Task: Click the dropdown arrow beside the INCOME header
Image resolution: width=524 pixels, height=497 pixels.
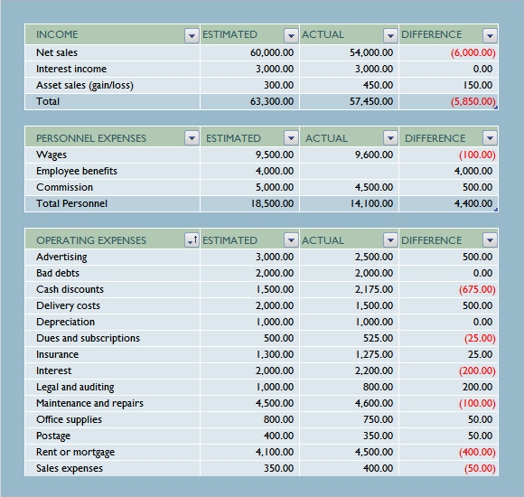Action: (x=192, y=35)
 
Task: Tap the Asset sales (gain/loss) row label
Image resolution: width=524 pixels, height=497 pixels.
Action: (x=85, y=86)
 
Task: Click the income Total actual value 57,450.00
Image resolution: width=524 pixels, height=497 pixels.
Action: (x=371, y=101)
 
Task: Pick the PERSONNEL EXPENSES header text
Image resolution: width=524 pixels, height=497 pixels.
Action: (x=91, y=138)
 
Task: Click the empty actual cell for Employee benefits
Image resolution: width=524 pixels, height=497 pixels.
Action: (x=350, y=171)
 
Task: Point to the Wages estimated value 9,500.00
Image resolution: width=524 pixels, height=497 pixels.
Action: (x=275, y=155)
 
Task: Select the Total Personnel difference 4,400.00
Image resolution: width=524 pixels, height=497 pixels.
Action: (x=473, y=203)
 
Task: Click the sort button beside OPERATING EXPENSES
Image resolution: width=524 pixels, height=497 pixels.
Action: (x=192, y=240)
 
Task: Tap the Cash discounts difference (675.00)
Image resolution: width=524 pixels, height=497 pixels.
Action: (x=477, y=289)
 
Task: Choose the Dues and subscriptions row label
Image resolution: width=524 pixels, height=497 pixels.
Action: (x=88, y=338)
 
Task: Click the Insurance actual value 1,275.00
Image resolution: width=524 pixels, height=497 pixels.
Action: (x=374, y=354)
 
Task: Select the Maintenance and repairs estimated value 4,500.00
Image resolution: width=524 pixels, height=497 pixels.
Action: (x=275, y=403)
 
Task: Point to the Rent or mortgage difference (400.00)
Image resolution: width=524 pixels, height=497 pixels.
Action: (x=477, y=452)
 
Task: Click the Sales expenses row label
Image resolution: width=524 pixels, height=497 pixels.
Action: (x=70, y=469)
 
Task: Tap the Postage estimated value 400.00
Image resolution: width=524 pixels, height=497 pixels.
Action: (x=278, y=436)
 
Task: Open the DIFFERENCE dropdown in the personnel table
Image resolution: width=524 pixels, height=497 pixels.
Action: (x=490, y=137)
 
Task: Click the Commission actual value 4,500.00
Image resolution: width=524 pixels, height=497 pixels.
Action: (x=374, y=187)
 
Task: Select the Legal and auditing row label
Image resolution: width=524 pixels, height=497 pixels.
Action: (x=75, y=387)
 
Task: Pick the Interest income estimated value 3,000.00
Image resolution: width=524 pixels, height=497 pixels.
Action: (x=275, y=69)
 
